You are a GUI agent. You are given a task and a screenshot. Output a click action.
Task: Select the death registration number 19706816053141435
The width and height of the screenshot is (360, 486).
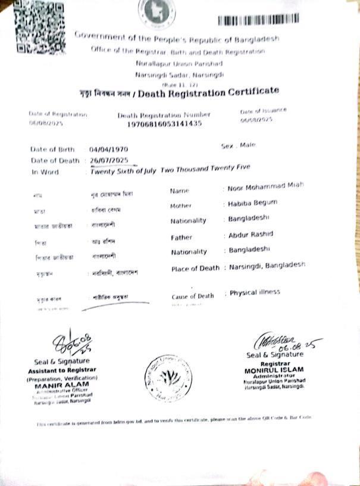[164, 124]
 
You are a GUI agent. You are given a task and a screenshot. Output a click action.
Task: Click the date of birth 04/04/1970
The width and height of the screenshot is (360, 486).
[109, 149]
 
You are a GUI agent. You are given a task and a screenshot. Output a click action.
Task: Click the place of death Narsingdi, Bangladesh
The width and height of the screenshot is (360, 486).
[267, 265]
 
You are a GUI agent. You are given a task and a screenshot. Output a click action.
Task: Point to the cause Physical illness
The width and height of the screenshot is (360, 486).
[255, 292]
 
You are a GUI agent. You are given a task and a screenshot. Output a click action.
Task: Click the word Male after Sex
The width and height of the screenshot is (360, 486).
[247, 144]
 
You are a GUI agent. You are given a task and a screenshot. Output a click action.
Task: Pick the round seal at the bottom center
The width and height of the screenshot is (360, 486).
[168, 378]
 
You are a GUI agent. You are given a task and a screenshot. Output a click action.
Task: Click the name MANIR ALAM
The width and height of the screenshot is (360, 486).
[58, 384]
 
